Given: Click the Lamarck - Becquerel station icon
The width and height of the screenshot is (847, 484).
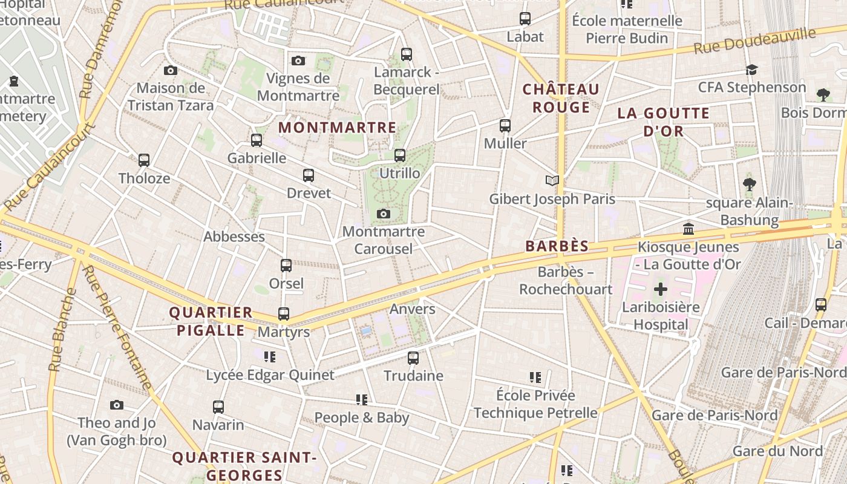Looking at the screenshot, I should [x=407, y=54].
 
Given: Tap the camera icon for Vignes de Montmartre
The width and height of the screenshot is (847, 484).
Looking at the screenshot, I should [x=298, y=60].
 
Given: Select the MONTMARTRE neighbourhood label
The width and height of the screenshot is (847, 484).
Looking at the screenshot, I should [x=338, y=128].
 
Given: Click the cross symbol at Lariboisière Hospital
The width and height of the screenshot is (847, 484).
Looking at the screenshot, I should [x=661, y=289].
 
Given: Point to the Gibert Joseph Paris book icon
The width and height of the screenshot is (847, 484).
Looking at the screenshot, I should [x=552, y=180].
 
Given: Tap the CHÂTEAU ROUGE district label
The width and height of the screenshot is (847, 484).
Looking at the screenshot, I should [x=561, y=99].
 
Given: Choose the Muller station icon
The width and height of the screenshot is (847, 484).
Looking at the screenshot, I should [x=505, y=126].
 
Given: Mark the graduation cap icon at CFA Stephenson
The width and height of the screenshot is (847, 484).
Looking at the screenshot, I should [x=751, y=70].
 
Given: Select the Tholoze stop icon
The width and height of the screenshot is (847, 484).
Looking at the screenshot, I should [x=144, y=160].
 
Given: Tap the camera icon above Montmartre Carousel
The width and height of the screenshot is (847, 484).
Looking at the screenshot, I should [x=383, y=214].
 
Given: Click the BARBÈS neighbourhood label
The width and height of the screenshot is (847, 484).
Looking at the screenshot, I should [x=557, y=246].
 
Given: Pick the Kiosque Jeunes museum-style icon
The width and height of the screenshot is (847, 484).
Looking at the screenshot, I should [x=688, y=229].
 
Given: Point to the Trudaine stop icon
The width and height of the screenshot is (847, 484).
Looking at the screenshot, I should [x=413, y=358].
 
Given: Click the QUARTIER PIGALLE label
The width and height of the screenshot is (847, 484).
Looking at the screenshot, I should [x=211, y=321].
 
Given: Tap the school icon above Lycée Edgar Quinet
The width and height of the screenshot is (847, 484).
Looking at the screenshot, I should [x=270, y=357].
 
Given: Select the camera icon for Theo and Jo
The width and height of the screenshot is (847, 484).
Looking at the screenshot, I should [x=117, y=405].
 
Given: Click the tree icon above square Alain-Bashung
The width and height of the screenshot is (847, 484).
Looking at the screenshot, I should [x=750, y=185].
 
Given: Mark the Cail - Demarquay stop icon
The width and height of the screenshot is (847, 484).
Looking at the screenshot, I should [x=821, y=304].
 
